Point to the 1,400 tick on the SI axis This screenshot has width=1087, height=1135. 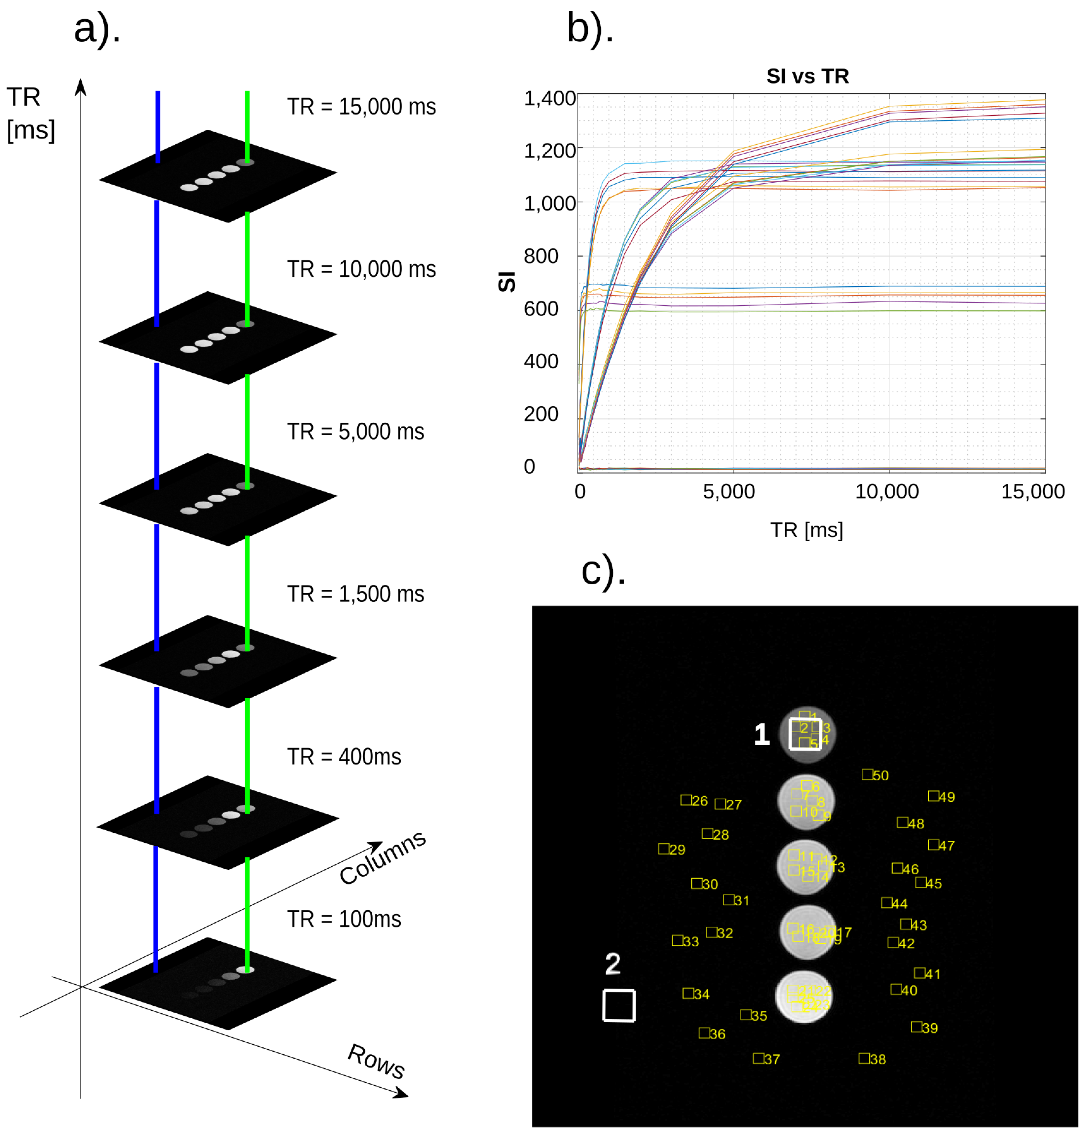pos(549,98)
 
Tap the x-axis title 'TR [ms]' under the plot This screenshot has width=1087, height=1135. pos(806,529)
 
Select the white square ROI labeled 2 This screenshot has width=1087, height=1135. pos(619,1005)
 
